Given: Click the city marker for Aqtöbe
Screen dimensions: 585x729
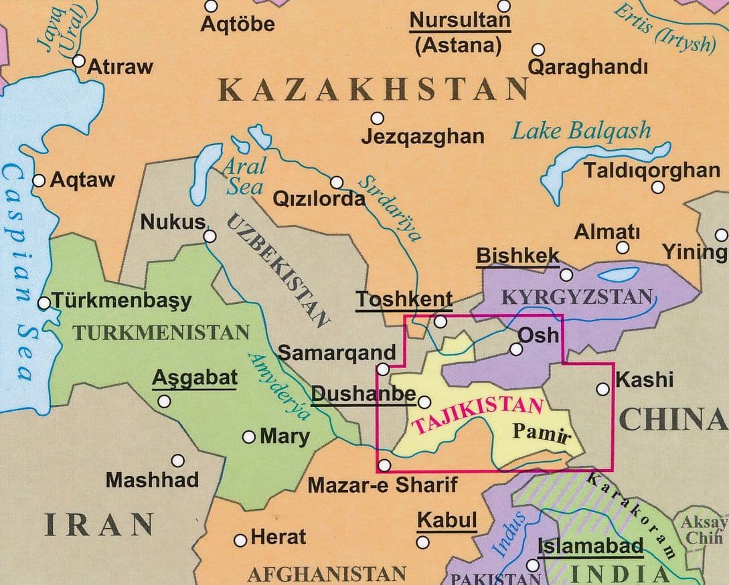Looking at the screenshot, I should coord(212,6).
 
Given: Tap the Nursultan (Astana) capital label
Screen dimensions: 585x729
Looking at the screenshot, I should coord(459,32).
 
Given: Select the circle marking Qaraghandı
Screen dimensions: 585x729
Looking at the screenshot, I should coord(538,50).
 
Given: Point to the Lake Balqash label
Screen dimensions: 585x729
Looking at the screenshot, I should coord(581,131).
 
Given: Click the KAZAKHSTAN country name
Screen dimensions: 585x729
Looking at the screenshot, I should coord(374,90).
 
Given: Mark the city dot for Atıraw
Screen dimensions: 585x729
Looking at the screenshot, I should coord(79,62).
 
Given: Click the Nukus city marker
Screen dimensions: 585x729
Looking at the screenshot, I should coord(210,236).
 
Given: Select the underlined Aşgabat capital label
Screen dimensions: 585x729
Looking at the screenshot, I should coord(195,378).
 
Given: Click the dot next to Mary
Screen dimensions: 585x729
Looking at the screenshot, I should coord(249,437).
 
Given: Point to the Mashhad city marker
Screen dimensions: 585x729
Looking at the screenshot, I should coord(178,461).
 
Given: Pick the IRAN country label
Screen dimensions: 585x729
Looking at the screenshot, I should coord(100,524).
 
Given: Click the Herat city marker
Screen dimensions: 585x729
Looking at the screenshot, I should coord(240,539).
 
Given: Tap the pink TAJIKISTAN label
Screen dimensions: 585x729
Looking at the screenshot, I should coord(477,415).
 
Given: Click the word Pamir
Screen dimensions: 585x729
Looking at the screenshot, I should coord(541,432).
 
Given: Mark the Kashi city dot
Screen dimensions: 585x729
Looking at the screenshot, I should coord(602,388).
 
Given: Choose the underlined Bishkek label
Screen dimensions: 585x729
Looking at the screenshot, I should coord(517,256).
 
